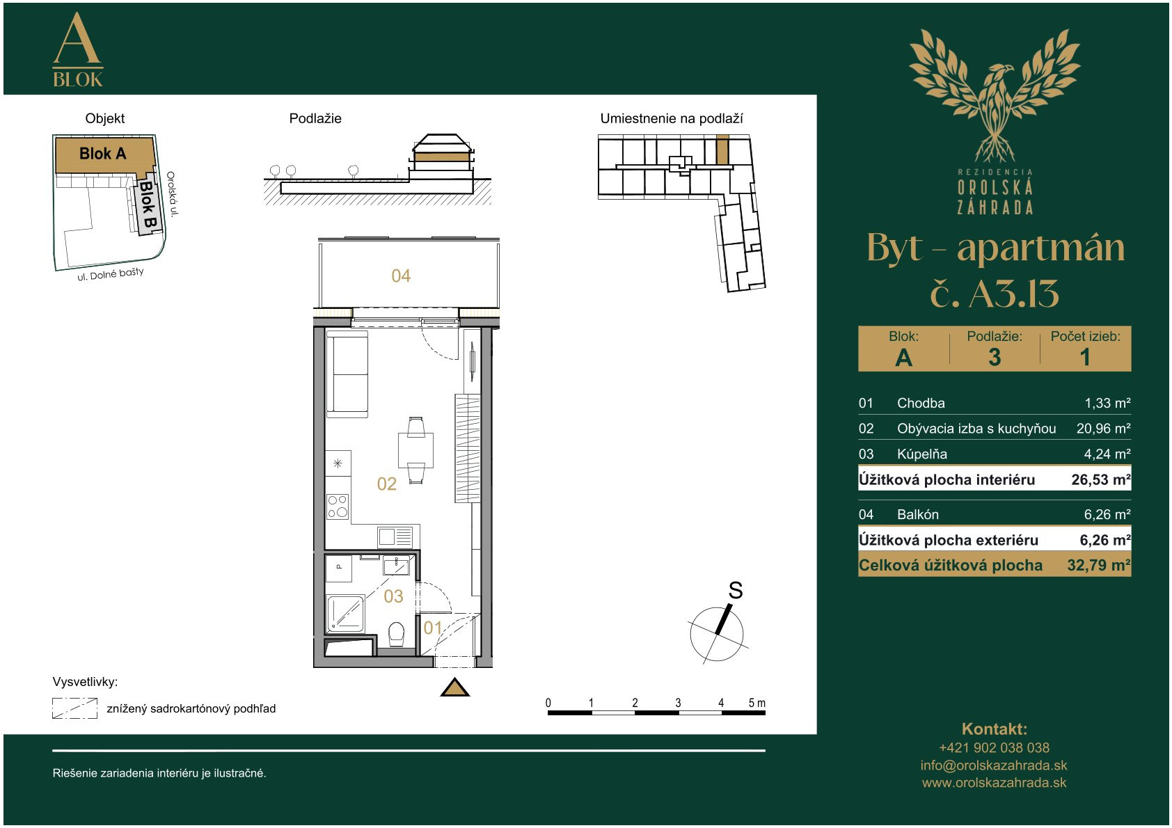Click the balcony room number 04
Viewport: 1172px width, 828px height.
(x=401, y=276)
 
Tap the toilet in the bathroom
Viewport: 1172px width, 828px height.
(x=397, y=635)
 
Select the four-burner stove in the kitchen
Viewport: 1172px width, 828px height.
(x=338, y=507)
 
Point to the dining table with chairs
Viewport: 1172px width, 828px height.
(x=415, y=449)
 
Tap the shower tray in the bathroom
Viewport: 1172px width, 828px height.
(x=345, y=614)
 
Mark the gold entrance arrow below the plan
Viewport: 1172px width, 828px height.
(x=454, y=687)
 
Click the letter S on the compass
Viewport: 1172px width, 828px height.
(x=736, y=590)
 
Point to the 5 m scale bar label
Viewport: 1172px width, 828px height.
(x=757, y=703)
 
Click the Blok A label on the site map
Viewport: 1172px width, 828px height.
(x=102, y=153)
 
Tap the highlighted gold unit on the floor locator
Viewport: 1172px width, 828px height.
(x=722, y=149)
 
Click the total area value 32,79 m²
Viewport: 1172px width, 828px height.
(x=1099, y=566)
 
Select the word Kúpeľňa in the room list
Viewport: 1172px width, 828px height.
(x=922, y=454)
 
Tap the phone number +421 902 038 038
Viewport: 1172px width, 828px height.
(x=994, y=747)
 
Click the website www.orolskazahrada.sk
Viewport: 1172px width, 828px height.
(x=994, y=783)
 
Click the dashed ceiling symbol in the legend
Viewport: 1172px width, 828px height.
(x=74, y=708)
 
